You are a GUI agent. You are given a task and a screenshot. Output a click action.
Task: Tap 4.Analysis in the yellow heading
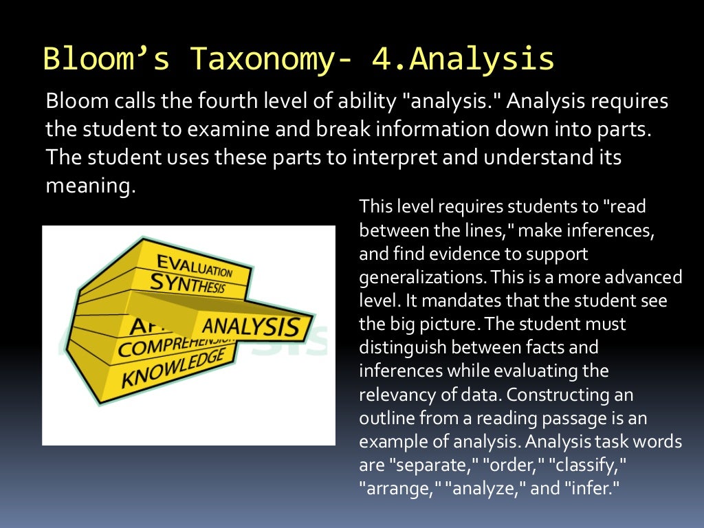click(463, 59)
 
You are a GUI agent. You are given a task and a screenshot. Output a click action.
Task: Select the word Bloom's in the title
click(106, 59)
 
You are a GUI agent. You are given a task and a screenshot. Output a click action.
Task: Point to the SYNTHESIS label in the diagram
click(187, 283)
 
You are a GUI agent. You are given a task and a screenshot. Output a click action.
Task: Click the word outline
click(384, 418)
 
